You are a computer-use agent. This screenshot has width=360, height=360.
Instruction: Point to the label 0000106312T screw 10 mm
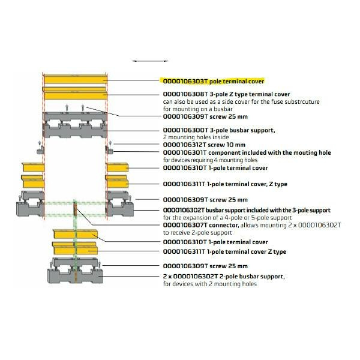pyautogui.click(x=204, y=145)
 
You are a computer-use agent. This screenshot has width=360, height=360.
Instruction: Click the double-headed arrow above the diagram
pyautogui.click(x=150, y=61)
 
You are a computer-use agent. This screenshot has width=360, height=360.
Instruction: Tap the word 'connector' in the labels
pyautogui.click(x=224, y=225)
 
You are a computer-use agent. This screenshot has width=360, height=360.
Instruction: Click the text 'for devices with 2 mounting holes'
pyautogui.click(x=210, y=284)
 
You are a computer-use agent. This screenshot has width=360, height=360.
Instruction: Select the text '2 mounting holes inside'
pyautogui.click(x=196, y=137)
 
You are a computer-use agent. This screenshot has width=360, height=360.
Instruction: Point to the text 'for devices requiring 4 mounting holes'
pyautogui.click(x=210, y=160)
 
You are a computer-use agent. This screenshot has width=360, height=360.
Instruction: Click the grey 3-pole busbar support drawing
pyautogui.click(x=75, y=125)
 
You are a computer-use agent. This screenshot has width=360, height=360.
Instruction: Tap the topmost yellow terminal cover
pyautogui.click(x=76, y=79)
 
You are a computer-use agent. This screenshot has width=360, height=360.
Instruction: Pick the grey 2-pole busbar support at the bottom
pyautogui.click(x=75, y=271)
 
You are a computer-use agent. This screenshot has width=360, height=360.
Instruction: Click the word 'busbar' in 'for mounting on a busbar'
pyautogui.click(x=223, y=109)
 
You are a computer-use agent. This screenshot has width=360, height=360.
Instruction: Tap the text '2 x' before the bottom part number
pyautogui.click(x=167, y=277)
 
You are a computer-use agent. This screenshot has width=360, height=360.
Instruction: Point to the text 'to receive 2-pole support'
pyautogui.click(x=197, y=233)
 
